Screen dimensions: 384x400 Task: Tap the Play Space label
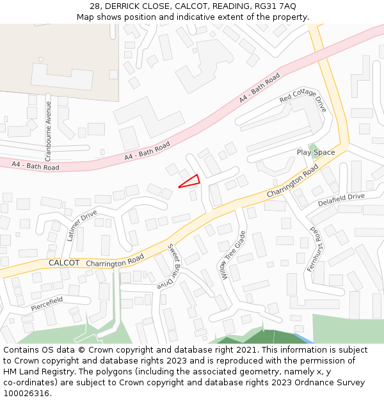(316, 152)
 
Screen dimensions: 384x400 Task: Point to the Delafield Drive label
(341, 200)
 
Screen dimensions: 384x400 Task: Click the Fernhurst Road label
(319, 248)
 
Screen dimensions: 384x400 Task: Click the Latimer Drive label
(81, 225)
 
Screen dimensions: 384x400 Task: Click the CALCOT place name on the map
(64, 263)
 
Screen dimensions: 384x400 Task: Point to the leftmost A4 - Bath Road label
(35, 166)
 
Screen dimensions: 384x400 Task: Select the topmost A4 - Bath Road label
(259, 88)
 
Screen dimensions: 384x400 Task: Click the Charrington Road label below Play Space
(292, 181)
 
